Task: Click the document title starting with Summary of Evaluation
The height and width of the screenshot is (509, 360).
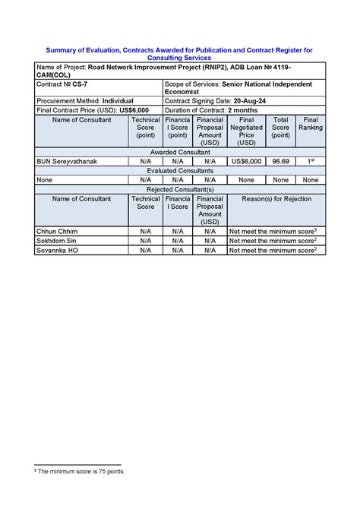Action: coord(180,53)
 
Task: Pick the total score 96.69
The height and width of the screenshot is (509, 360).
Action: coord(281,162)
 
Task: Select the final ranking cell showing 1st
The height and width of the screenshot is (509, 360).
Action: coord(310,162)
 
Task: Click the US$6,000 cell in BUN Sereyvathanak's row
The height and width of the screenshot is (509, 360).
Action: coord(246,162)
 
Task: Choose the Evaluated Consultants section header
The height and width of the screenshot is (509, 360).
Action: coord(180,171)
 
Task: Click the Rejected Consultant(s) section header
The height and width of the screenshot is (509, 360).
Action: coord(180,189)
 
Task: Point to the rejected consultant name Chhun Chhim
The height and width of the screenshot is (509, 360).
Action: coord(56,230)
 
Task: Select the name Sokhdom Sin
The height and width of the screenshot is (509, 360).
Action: coord(57,240)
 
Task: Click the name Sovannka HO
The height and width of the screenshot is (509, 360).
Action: coord(57,250)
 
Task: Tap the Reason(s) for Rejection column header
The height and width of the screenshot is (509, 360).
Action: coord(276,198)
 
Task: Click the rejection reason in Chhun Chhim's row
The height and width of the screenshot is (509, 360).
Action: coord(272,230)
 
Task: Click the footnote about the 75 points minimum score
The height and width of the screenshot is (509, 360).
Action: coord(80,471)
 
